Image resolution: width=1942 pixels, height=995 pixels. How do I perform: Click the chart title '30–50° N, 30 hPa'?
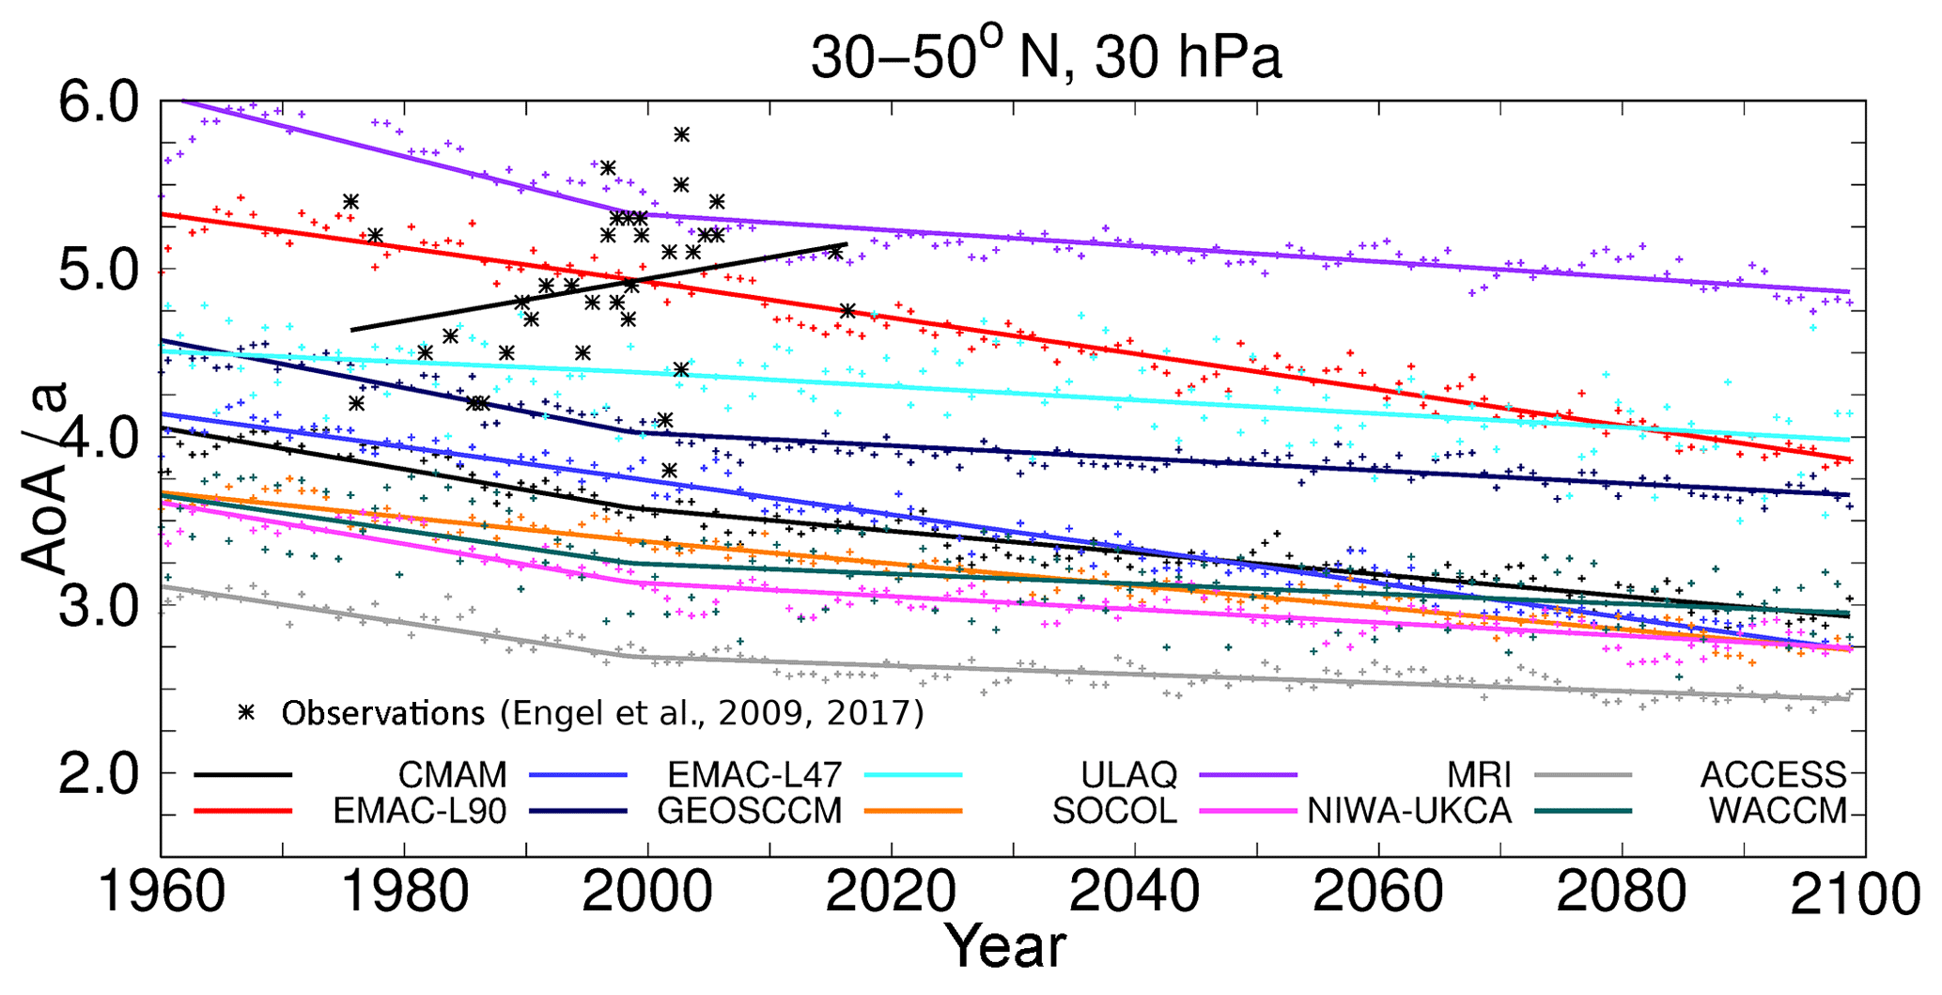(x=1045, y=58)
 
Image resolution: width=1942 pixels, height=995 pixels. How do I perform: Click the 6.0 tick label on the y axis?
(x=98, y=101)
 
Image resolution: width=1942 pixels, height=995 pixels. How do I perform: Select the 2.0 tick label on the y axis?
(x=98, y=773)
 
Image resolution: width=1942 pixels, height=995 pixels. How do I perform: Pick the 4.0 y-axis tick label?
(x=98, y=438)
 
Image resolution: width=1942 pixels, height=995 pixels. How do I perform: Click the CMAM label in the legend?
(x=452, y=775)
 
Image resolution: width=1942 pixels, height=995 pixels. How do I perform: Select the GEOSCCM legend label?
(x=749, y=810)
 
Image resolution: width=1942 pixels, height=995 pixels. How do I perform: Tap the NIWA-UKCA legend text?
(x=1409, y=810)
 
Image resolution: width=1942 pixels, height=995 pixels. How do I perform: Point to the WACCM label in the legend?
(x=1778, y=810)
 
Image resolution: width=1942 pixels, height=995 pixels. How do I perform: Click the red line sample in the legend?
(x=243, y=810)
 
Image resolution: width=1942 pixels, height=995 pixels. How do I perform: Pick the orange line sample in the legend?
(x=913, y=810)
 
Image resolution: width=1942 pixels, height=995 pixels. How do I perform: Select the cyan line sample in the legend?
(x=913, y=775)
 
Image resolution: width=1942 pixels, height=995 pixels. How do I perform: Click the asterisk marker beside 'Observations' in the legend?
(x=247, y=712)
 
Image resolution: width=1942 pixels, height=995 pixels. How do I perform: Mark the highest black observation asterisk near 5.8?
(x=682, y=134)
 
